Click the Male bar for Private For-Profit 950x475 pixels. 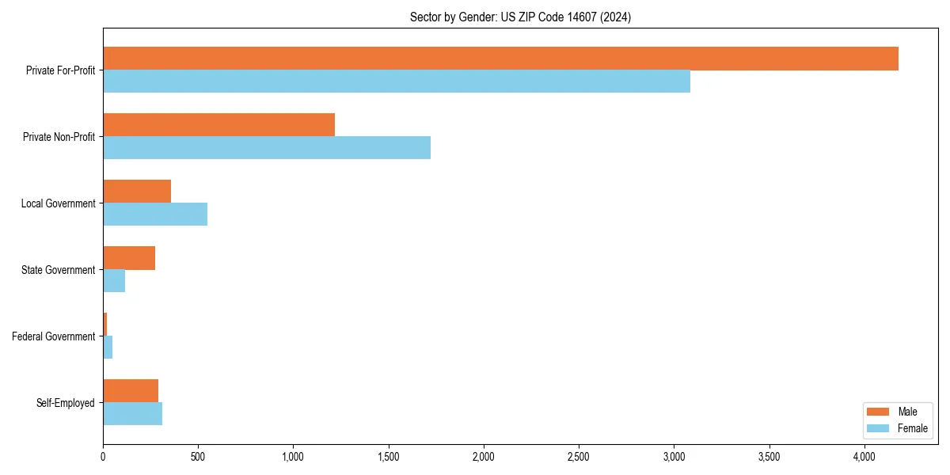coord(500,59)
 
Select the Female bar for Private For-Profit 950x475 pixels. coord(397,82)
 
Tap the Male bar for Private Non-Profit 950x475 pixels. coord(218,125)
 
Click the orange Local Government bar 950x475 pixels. coord(137,192)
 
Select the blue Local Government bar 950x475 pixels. coord(155,215)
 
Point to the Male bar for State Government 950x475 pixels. coord(129,258)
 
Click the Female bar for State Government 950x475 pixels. coord(114,281)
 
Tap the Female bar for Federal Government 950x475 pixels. coord(108,348)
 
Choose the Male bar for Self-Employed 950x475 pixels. coord(131,391)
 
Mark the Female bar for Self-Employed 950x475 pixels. coord(132,414)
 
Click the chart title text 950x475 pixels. coord(520,17)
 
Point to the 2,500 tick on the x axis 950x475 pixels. coord(579,457)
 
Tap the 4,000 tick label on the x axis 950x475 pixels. coord(864,457)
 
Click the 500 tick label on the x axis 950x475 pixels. coord(198,457)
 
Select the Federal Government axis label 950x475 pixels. coord(54,336)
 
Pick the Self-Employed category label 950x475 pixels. coord(66,403)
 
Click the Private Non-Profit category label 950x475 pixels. coord(59,137)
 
